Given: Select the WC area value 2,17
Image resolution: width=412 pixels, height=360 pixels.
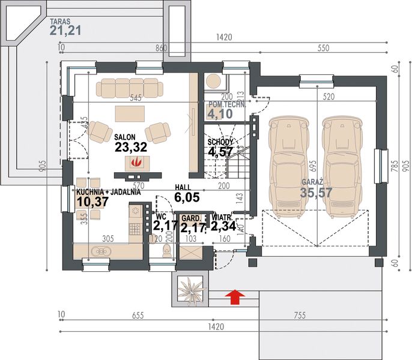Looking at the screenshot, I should point(164,226).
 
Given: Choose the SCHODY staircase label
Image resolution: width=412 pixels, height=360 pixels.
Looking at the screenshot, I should point(220,142).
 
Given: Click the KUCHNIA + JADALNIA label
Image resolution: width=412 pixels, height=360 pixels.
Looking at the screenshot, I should point(109,193).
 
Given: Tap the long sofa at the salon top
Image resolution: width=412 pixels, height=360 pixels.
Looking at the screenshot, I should point(131,88).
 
